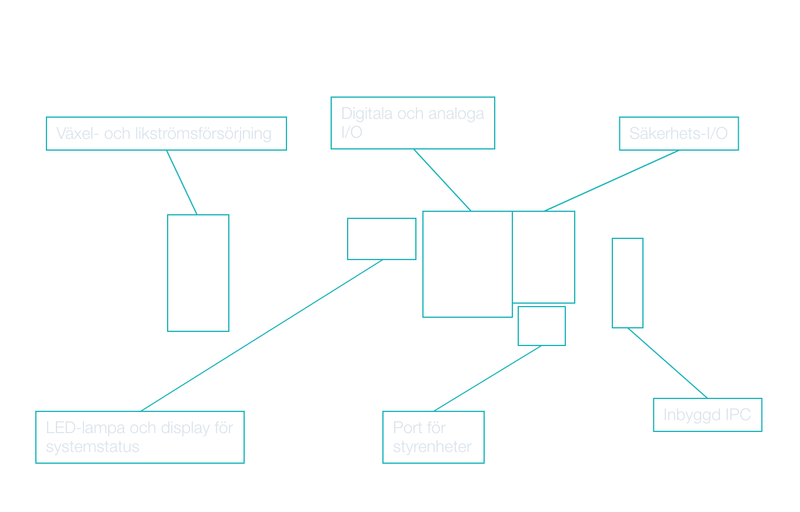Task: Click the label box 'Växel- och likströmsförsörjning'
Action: (x=166, y=134)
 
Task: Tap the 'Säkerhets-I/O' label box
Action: (x=678, y=134)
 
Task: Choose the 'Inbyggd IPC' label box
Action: (x=707, y=415)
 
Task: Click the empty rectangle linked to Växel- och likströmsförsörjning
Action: (x=198, y=272)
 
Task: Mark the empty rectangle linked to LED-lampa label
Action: (x=381, y=239)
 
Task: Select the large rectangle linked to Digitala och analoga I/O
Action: (x=467, y=264)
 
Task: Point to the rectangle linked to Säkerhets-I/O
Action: (x=544, y=257)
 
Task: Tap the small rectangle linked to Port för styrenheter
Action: (x=541, y=326)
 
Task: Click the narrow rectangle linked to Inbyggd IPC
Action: (x=627, y=283)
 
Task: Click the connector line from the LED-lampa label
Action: (x=262, y=335)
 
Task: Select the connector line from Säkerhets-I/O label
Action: (x=612, y=181)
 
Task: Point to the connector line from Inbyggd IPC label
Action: (x=667, y=363)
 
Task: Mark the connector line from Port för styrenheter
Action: (x=487, y=378)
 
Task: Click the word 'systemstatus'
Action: (x=92, y=447)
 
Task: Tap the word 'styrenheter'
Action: (x=432, y=447)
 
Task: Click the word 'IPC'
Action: (x=738, y=415)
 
